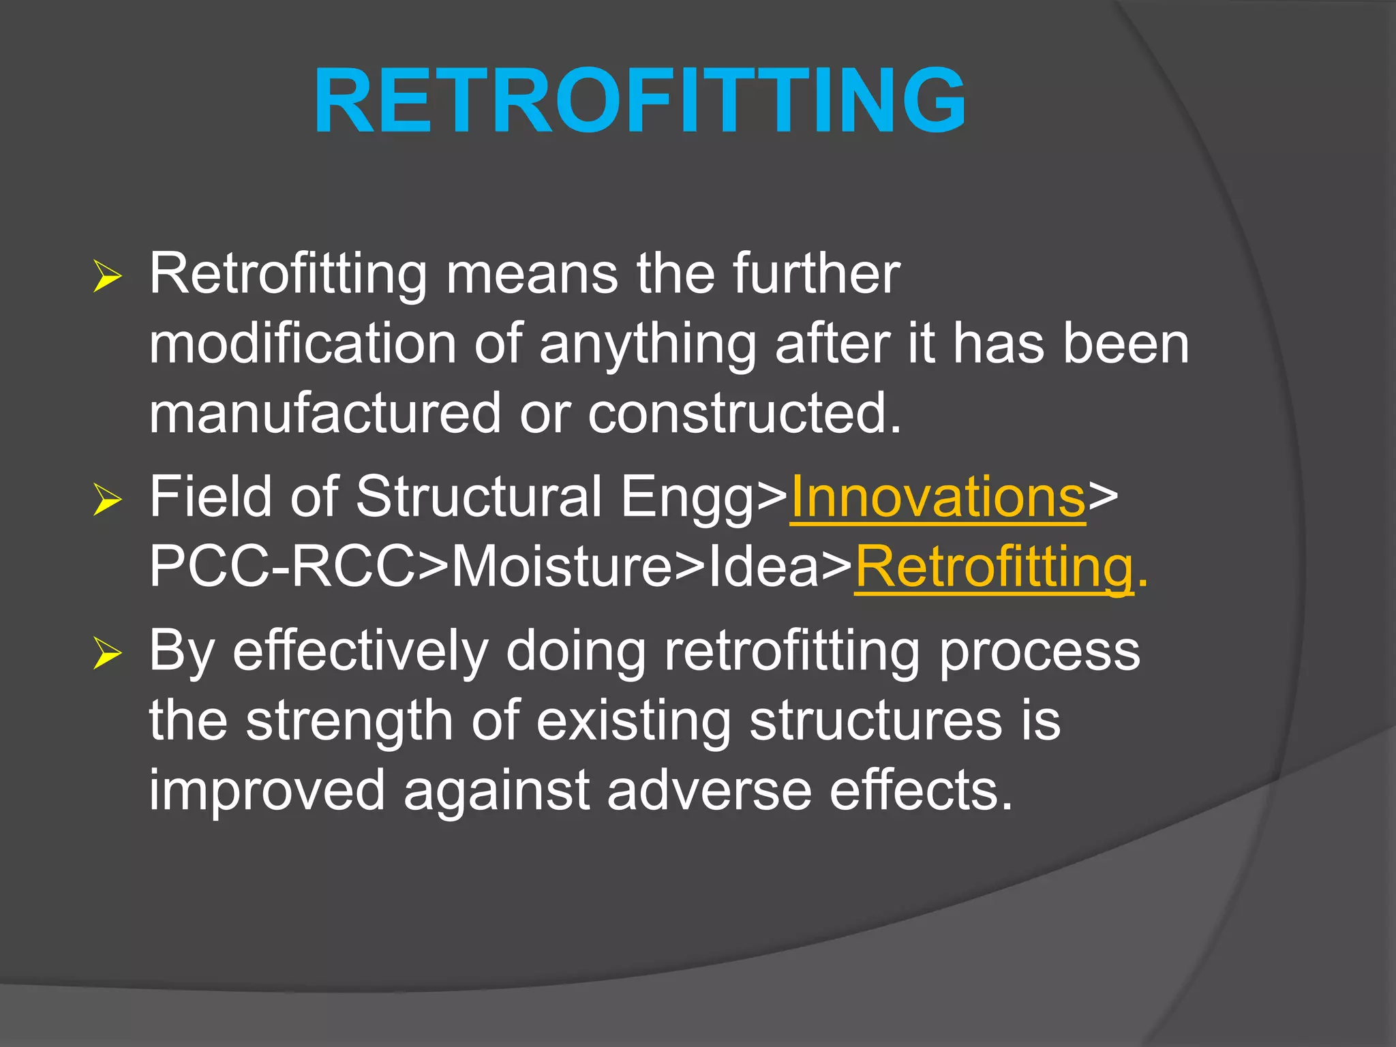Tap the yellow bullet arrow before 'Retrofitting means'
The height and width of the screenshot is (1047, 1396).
point(107,277)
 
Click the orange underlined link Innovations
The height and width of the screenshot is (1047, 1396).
point(937,497)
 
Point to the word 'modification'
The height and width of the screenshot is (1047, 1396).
point(302,344)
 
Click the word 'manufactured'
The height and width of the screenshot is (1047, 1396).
point(325,413)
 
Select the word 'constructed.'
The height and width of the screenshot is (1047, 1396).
point(744,413)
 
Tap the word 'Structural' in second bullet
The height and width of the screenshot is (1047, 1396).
point(478,497)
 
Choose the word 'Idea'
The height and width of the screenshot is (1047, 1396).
point(763,567)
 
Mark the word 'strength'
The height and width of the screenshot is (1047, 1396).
point(349,721)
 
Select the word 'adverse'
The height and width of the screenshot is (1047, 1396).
point(709,791)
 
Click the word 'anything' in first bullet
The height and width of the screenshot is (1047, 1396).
point(648,345)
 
